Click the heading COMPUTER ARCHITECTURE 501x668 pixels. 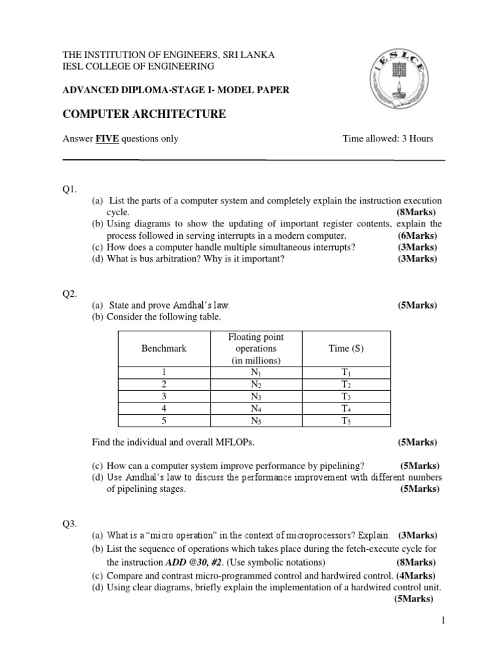pyautogui.click(x=144, y=115)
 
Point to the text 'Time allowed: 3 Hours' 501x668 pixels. pyautogui.click(x=387, y=138)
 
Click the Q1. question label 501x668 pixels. pyautogui.click(x=70, y=189)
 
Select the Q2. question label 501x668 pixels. pyautogui.click(x=70, y=294)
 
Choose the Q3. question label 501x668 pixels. pyautogui.click(x=70, y=523)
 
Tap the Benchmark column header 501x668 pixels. pyautogui.click(x=164, y=348)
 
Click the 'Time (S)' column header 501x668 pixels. pyautogui.click(x=346, y=348)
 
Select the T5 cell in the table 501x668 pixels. pyautogui.click(x=346, y=420)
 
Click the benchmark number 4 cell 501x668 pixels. pyautogui.click(x=164, y=408)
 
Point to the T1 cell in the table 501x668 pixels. pyautogui.click(x=346, y=372)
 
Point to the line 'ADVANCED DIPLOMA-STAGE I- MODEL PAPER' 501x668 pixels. pyautogui.click(x=175, y=91)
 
